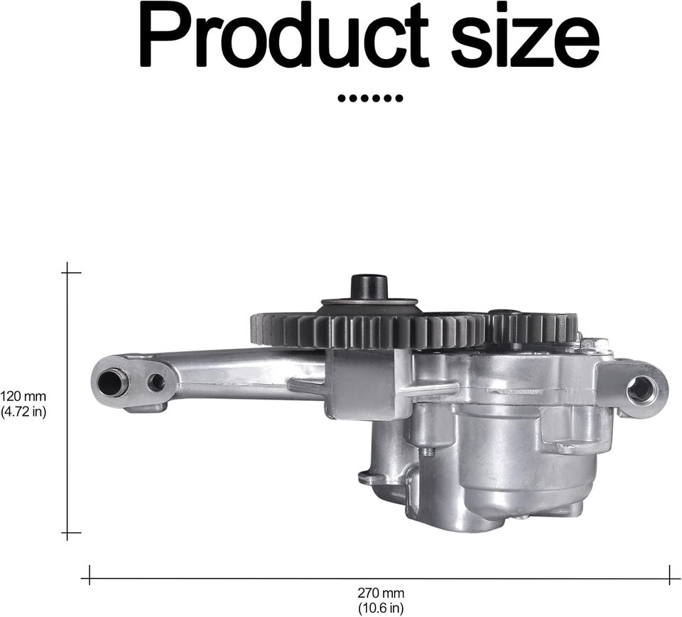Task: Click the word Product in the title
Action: [283, 35]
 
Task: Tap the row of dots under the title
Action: [370, 98]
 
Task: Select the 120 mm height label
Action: [23, 397]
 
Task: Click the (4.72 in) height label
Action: [23, 412]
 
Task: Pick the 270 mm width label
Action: [381, 592]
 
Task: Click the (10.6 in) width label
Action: [381, 607]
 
